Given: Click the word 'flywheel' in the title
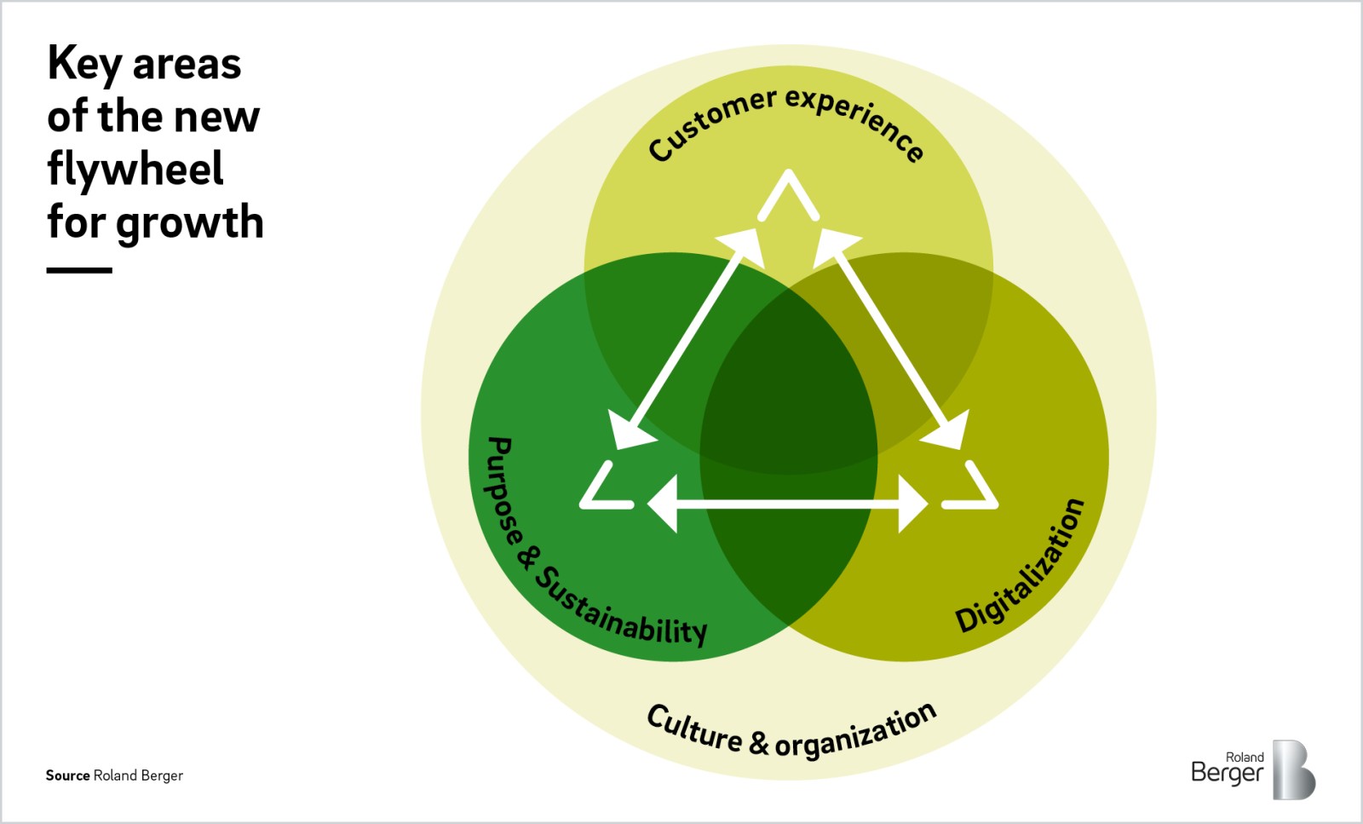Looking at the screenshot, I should click(135, 170).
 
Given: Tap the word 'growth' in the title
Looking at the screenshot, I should click(190, 223).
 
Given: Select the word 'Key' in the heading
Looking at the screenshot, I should click(84, 65).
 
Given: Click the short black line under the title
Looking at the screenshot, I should click(79, 270).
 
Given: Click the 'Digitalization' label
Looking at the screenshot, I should click(1021, 566).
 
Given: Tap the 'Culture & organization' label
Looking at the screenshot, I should click(791, 732).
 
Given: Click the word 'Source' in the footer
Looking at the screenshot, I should click(67, 775).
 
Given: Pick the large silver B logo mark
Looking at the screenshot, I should click(1293, 769).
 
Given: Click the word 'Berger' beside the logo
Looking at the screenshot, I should click(1227, 773).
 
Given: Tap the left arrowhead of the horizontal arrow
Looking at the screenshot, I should click(664, 504).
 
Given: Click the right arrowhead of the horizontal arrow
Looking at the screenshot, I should click(913, 504).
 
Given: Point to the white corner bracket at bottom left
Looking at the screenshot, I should click(604, 490).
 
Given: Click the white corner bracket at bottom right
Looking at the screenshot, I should click(973, 490).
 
